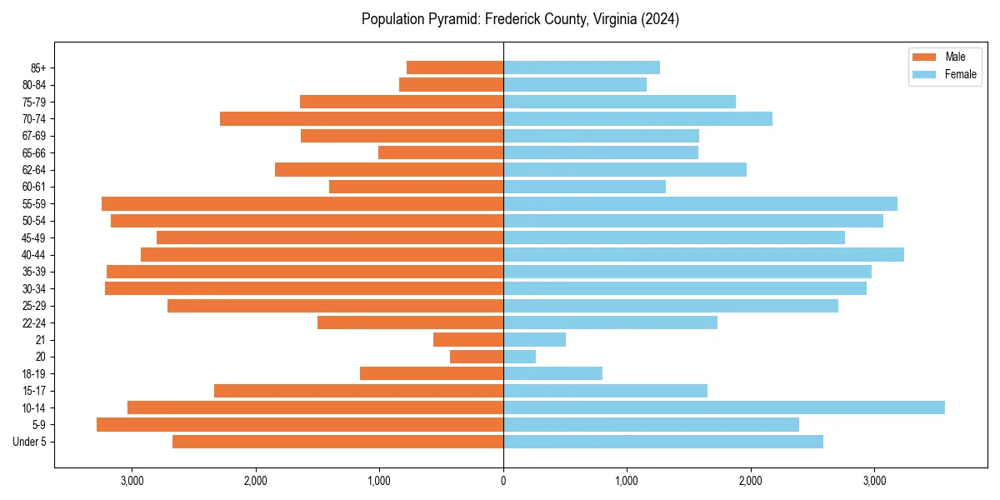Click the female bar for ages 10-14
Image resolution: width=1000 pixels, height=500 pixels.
coord(723,407)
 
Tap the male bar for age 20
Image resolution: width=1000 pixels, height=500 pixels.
coord(477,357)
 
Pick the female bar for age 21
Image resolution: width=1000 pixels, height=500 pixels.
coord(534,339)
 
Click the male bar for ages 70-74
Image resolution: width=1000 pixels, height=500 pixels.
coord(362,118)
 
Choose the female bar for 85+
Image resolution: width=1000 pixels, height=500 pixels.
coord(582,67)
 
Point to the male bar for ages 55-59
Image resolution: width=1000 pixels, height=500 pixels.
coord(302,203)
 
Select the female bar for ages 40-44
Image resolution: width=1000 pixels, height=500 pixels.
coord(703,254)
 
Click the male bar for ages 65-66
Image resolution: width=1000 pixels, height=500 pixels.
coord(441,152)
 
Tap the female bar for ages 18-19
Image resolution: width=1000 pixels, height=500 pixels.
coord(552,373)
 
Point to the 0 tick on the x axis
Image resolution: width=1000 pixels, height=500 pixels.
coord(503,481)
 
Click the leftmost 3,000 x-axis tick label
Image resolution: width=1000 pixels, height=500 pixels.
coord(132,481)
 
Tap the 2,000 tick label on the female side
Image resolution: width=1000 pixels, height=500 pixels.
coord(750,481)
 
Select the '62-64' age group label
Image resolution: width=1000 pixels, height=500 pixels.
coord(34,170)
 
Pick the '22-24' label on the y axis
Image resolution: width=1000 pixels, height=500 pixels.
coord(34,322)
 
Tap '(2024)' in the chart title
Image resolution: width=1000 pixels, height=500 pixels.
coord(658,19)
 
